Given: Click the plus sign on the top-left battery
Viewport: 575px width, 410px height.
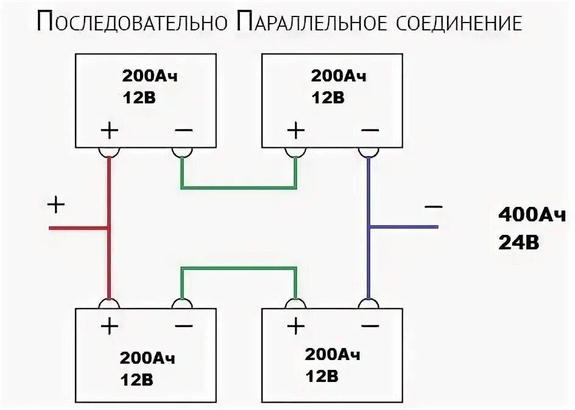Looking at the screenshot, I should [110, 130].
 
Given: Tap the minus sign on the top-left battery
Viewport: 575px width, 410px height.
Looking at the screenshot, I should [183, 130].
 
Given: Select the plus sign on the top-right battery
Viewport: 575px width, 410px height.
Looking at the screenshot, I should [295, 130].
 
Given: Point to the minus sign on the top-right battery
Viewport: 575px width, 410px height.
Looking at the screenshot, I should [369, 130].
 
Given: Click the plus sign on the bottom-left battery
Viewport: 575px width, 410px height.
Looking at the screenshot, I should [110, 327].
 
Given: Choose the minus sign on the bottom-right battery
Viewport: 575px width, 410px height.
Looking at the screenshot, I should [369, 327].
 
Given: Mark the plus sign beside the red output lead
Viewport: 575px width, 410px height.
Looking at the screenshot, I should [55, 205].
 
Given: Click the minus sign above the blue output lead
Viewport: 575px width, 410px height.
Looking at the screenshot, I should [433, 207].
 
